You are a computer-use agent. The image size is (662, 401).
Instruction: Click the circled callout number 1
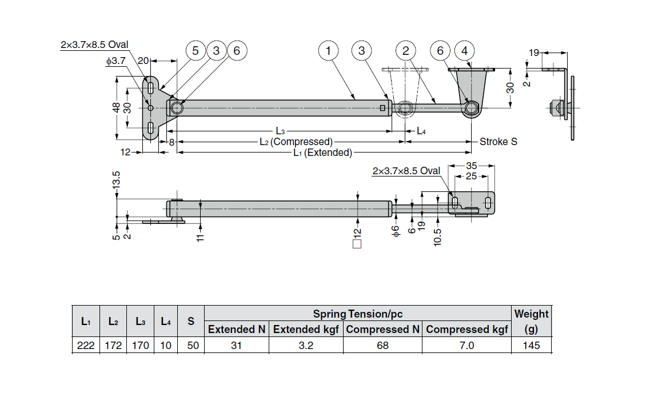pyautogui.click(x=328, y=51)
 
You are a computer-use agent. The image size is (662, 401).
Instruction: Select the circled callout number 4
pyautogui.click(x=464, y=51)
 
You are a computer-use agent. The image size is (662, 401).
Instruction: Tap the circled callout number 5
pyautogui.click(x=196, y=51)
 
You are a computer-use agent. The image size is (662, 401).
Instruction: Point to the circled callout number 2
pyautogui.click(x=405, y=51)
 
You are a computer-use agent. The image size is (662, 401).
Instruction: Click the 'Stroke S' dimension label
pyautogui.click(x=498, y=142)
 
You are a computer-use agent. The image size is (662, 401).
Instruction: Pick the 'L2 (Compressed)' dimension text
pyautogui.click(x=296, y=142)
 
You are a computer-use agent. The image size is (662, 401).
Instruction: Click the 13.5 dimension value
pyautogui.click(x=117, y=181)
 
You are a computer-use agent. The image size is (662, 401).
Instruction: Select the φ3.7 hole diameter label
pyautogui.click(x=116, y=61)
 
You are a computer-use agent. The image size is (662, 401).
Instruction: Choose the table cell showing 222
pyautogui.click(x=86, y=346)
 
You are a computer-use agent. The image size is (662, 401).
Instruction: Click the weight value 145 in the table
pyautogui.click(x=531, y=346)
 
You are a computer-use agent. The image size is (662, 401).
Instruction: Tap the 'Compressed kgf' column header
pyautogui.click(x=466, y=329)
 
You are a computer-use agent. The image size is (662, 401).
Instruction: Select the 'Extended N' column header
pyautogui.click(x=237, y=329)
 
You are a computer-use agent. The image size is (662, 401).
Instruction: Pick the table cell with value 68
pyautogui.click(x=382, y=346)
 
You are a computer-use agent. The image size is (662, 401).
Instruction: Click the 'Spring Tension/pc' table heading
pyautogui.click(x=357, y=314)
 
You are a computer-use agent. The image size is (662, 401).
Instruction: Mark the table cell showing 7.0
pyautogui.click(x=466, y=346)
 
